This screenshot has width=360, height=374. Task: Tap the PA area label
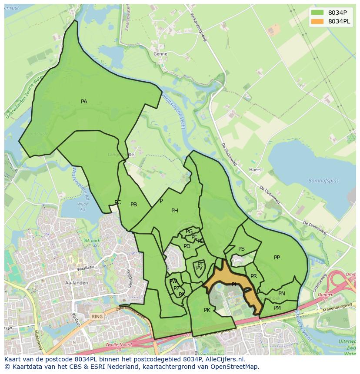[84, 102]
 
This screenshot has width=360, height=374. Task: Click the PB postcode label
[134, 205]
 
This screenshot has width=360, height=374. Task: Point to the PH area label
[174, 211]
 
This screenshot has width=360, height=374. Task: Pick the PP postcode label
[277, 258]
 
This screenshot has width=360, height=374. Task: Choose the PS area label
[241, 249]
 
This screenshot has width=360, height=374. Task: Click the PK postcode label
[207, 310]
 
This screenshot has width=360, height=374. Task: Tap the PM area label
[277, 308]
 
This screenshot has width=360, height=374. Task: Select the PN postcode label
[282, 294]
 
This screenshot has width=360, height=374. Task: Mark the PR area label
[253, 276]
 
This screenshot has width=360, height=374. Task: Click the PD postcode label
[187, 246]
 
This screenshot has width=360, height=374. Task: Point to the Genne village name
[160, 54]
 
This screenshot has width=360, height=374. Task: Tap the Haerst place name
[256, 170]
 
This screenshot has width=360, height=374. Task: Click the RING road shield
[97, 317]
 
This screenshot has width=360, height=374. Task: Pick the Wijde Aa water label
[82, 206]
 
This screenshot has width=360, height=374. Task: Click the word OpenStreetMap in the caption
[235, 367]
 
